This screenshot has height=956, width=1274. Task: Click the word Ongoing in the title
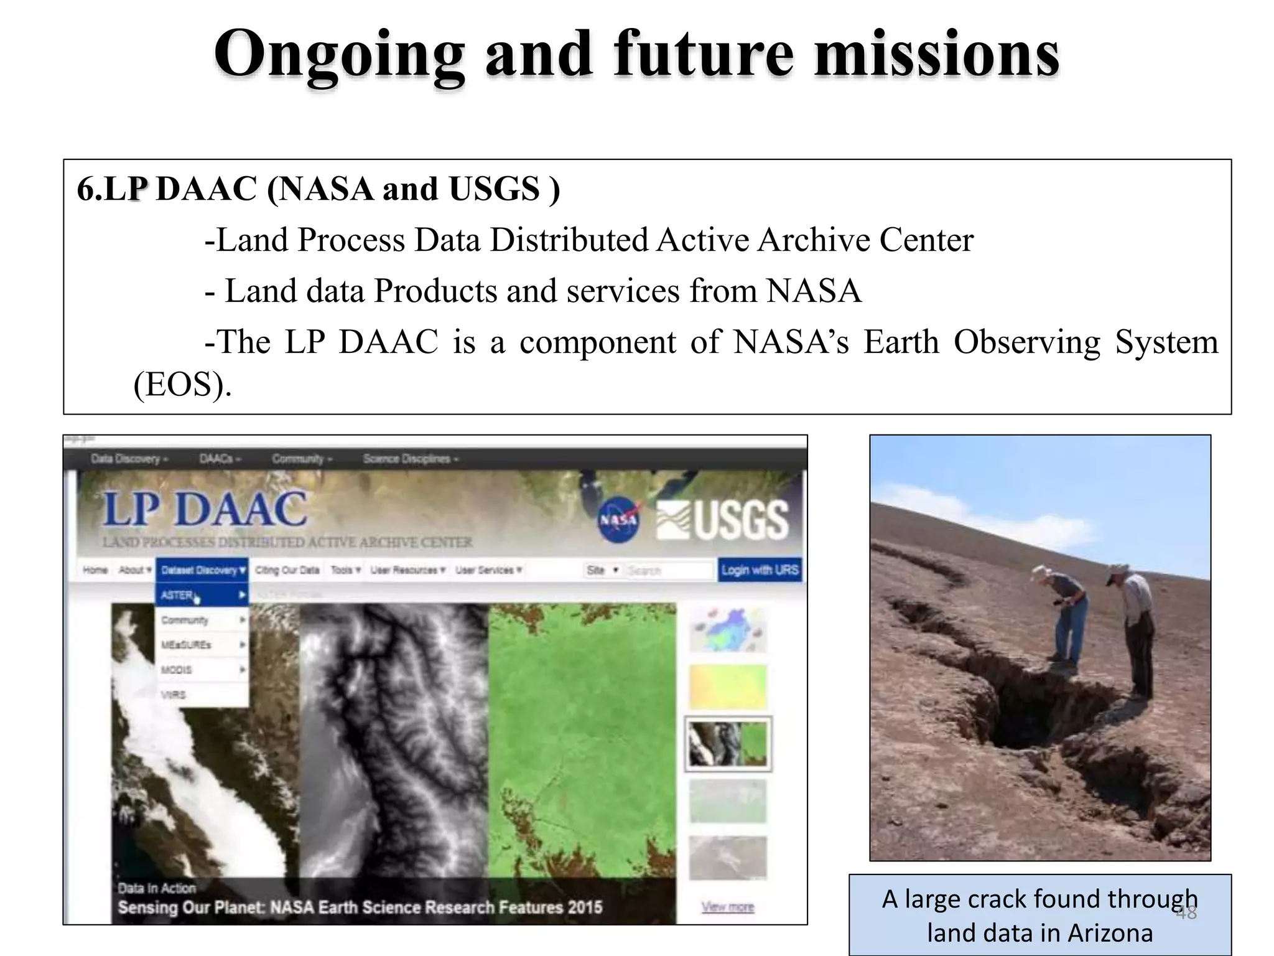coord(339,56)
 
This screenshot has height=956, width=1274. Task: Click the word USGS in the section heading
coord(495,189)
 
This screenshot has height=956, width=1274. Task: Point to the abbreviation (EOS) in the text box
coord(182,384)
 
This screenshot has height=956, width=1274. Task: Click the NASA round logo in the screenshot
coord(618,520)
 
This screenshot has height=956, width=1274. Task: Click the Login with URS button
coord(760,569)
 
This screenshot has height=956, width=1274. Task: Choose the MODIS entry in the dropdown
coord(177,670)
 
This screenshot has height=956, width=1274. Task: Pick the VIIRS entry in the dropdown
coord(174,695)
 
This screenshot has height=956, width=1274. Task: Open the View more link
coord(728,907)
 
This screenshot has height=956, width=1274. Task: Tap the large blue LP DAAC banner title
coord(205,509)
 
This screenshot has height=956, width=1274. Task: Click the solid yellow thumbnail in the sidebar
coord(728,687)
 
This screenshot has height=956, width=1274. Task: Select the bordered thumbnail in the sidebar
coord(728,744)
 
